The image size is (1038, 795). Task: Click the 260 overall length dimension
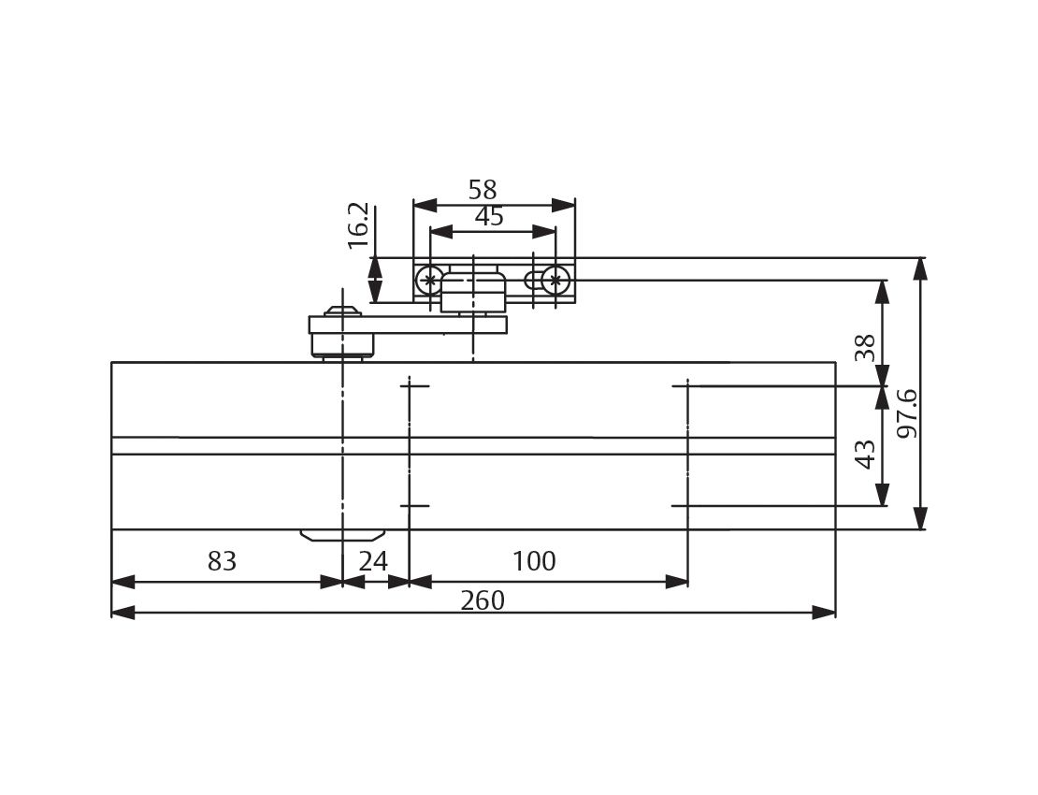483,600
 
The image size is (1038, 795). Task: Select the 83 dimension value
222,561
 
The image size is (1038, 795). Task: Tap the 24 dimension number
373,561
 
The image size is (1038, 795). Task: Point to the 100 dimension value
534,561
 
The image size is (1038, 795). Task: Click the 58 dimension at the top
483,190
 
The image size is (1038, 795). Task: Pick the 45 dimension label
489,217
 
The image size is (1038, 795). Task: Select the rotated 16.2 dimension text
358,226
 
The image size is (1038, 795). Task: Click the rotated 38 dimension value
866,348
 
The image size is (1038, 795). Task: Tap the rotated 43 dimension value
866,455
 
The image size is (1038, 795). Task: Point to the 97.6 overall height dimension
906,412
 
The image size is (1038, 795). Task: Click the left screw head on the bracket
429,280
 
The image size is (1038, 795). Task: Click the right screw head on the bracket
555,280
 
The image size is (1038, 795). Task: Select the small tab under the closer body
342,535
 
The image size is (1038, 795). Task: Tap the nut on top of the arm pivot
342,311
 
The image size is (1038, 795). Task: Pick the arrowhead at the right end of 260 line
825,613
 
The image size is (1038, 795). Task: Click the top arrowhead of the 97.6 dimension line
920,268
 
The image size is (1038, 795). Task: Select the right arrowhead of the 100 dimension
677,582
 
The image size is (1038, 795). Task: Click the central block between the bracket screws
473,290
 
